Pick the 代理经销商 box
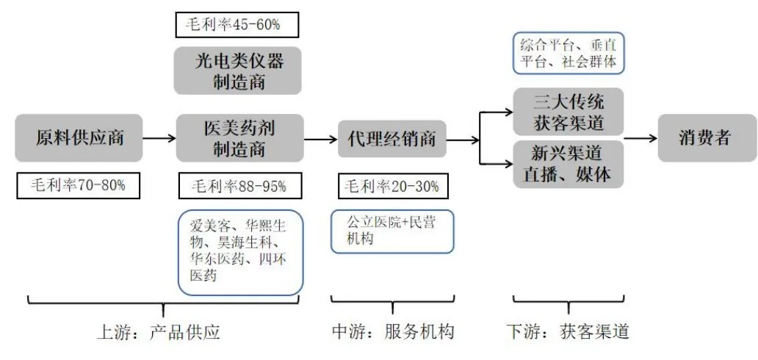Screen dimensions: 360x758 click(x=391, y=138)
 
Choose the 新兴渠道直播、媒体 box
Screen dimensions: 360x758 click(x=568, y=164)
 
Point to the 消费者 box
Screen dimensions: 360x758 click(x=705, y=137)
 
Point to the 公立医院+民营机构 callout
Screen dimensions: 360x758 click(x=382, y=231)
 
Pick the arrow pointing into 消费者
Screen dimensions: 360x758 click(x=639, y=138)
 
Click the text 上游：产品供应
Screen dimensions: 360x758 click(x=158, y=332)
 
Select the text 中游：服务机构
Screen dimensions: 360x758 click(x=392, y=332)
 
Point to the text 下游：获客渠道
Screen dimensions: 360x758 click(x=568, y=332)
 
